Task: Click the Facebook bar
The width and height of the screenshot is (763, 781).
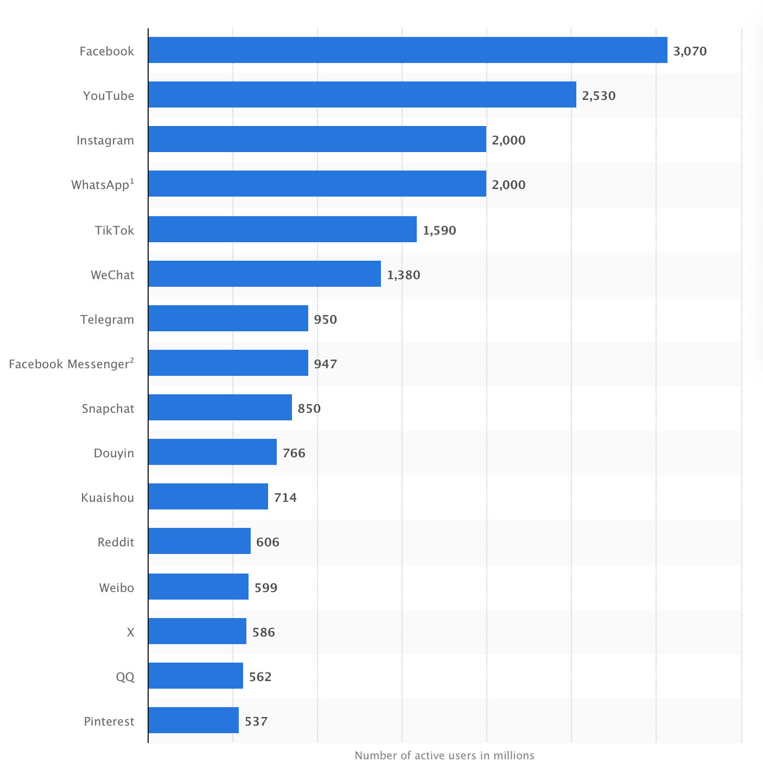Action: point(408,50)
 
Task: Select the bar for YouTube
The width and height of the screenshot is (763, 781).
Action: point(362,95)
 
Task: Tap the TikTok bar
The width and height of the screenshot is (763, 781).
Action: point(282,229)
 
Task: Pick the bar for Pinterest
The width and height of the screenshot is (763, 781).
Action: point(193,720)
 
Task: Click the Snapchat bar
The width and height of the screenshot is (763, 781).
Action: point(220,407)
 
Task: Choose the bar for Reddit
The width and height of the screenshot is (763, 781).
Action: point(199,541)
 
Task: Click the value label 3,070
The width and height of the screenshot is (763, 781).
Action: point(690,51)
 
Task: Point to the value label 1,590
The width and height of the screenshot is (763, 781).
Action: point(439,230)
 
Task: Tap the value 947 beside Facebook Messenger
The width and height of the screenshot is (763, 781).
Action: point(325,364)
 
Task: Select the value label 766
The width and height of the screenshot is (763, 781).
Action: point(294,453)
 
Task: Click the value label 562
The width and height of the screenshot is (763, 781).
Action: point(260,677)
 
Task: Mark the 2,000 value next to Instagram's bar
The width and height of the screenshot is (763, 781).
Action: point(508,140)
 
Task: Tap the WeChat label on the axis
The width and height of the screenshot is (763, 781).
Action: point(112,275)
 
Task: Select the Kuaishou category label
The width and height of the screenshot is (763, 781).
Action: point(107,497)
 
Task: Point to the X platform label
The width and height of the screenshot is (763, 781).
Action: point(130,632)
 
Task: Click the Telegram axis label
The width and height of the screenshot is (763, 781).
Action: point(107,319)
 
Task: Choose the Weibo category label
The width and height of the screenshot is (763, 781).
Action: point(116,588)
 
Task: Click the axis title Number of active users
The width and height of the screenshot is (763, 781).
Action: point(444,755)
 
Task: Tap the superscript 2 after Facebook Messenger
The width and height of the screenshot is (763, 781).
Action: point(131,360)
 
